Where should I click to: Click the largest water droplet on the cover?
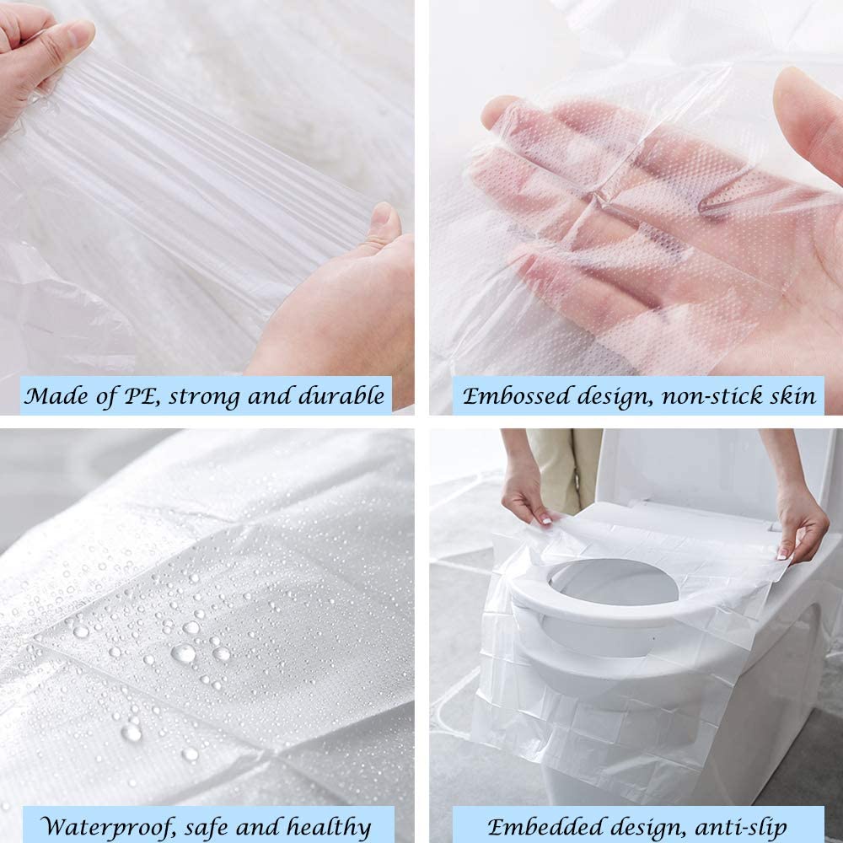[x=183, y=652]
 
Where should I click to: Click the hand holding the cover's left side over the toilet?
[x=527, y=493]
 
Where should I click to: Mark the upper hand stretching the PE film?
[x=42, y=59]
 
